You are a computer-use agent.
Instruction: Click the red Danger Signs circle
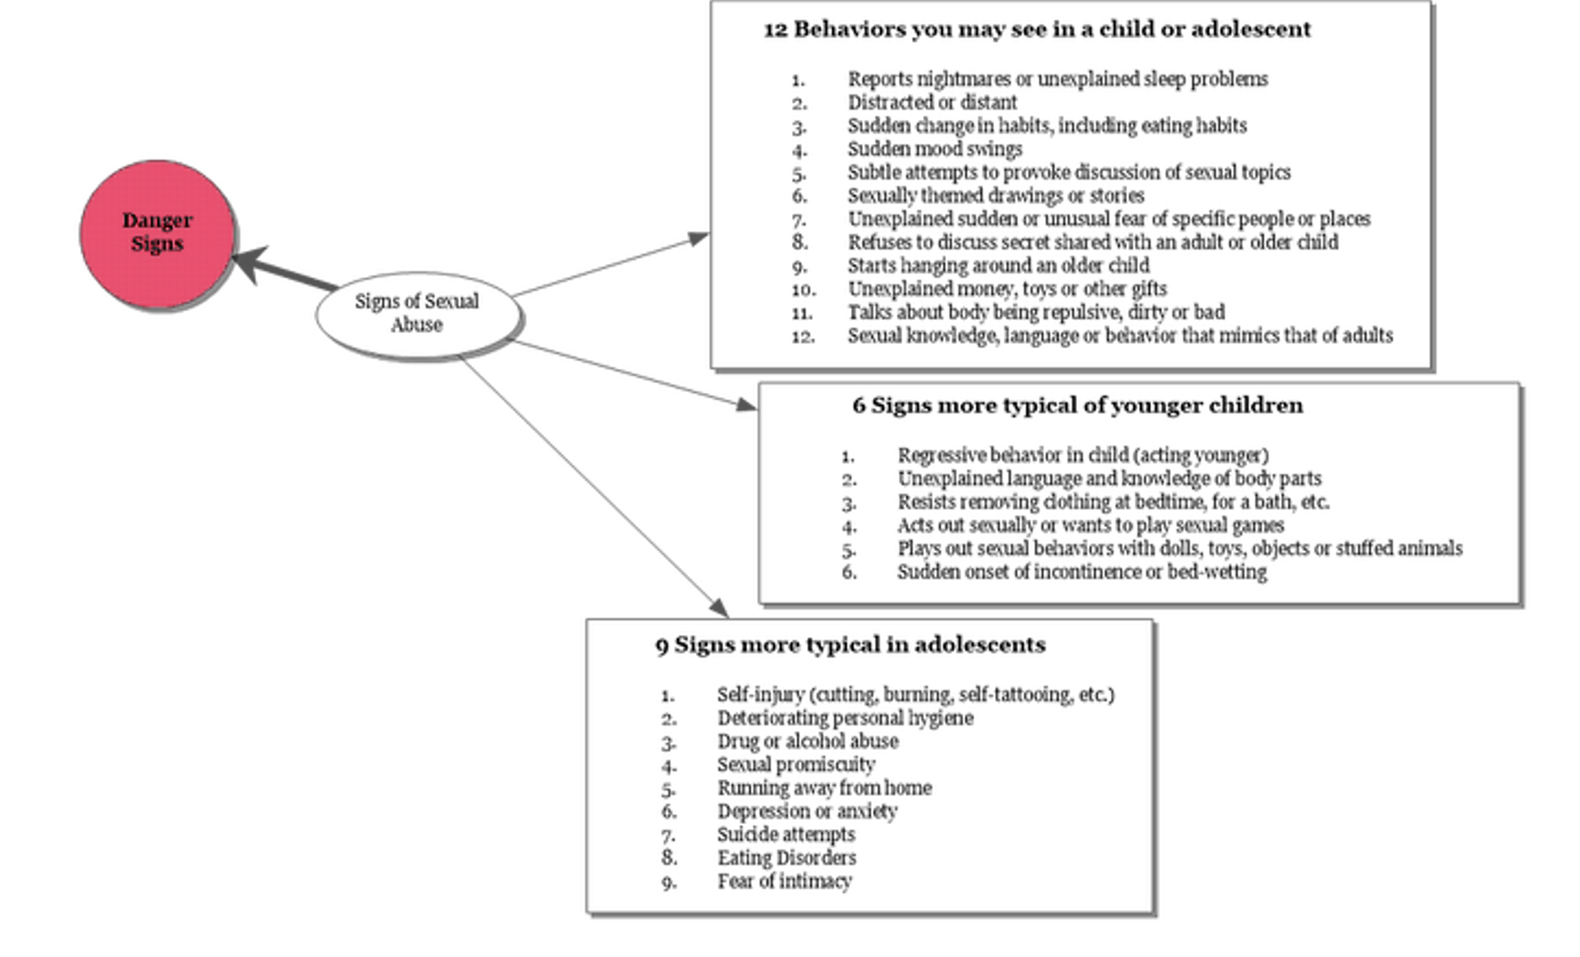point(157,234)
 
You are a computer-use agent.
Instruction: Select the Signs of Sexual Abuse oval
point(418,313)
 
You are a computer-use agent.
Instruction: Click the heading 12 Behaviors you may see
point(1037,29)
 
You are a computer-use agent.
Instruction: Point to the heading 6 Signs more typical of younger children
point(1077,406)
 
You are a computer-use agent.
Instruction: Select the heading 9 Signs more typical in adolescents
point(850,645)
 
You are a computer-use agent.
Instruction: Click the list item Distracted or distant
point(932,102)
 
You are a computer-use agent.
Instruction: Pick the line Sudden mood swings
point(935,149)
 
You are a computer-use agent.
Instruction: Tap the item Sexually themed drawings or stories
point(996,195)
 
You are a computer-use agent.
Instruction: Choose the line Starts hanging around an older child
point(999,265)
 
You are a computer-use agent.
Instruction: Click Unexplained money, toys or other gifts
point(1007,289)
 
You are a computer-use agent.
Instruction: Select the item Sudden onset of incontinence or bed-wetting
point(1082,571)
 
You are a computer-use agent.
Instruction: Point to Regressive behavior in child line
point(1082,455)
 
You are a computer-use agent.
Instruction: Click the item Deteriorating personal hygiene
point(845,718)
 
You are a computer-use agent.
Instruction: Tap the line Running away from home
point(824,787)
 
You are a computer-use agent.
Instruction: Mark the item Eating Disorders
point(786,858)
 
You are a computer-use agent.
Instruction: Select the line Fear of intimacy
point(784,881)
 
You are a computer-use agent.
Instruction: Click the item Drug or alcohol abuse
point(807,741)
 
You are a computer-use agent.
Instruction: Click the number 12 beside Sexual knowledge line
point(802,336)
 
